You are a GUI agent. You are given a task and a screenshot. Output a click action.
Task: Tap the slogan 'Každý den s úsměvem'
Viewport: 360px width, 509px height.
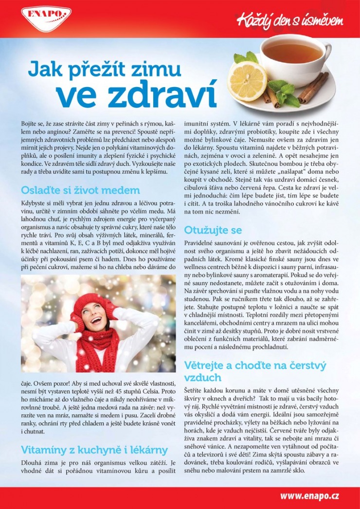pyautogui.click(x=289, y=20)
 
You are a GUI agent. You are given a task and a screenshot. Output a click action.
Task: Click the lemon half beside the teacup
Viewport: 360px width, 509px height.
pyautogui.click(x=248, y=81)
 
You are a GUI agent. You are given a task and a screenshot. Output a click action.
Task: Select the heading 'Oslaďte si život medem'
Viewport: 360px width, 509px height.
pyautogui.click(x=80, y=190)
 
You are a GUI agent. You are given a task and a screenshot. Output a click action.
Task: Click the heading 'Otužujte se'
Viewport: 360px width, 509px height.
pyautogui.click(x=213, y=230)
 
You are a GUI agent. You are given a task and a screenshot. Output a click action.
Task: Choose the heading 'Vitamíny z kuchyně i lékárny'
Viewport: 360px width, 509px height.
pyautogui.click(x=94, y=449)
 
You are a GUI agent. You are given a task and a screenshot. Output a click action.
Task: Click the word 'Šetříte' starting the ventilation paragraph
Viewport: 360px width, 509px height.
pyautogui.click(x=195, y=391)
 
